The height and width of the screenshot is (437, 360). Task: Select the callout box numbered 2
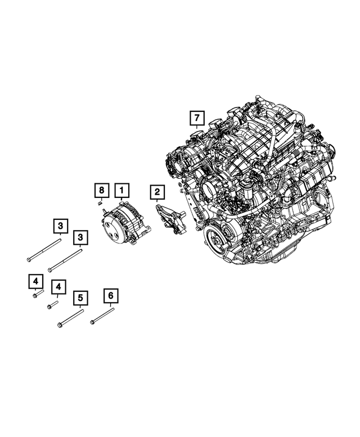tap(157, 193)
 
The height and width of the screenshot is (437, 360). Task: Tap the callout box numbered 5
tap(80, 297)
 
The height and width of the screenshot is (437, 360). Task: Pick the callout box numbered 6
tap(110, 295)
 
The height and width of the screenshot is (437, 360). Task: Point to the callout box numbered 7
tap(196, 118)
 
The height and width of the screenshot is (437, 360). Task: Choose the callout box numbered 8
tap(100, 190)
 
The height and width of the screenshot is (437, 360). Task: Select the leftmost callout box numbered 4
tap(35, 280)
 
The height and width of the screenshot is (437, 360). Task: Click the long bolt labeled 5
tap(71, 318)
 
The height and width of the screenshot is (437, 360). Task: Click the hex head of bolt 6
tap(92, 322)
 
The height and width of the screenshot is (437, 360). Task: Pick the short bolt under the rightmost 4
tap(53, 304)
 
